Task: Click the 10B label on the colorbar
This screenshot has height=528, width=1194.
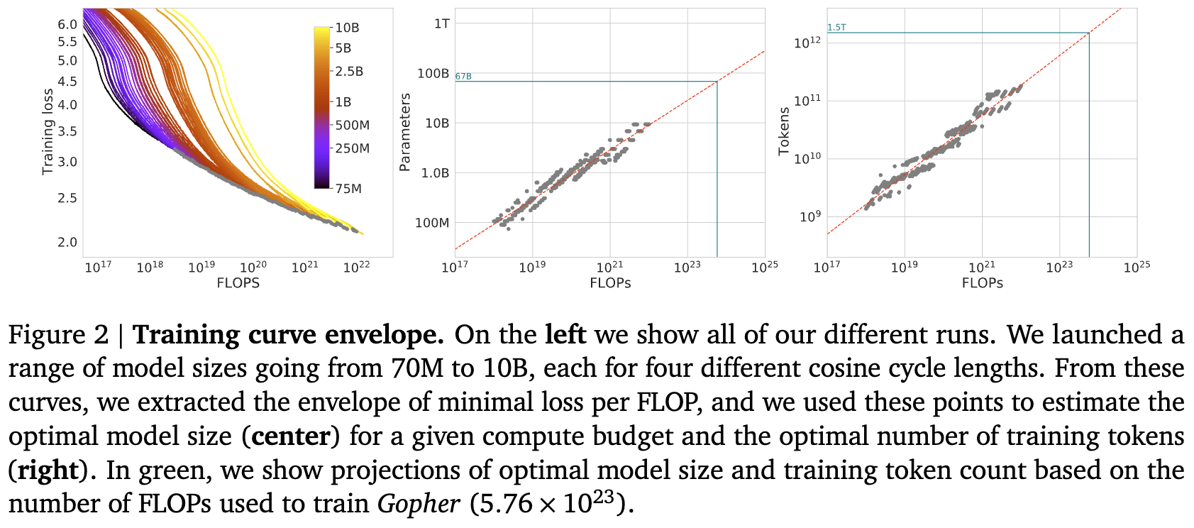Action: click(x=347, y=28)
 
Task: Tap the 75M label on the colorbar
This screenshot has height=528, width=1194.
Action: click(x=348, y=188)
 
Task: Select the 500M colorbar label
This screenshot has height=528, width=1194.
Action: click(x=352, y=125)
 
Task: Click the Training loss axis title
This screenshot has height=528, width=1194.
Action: click(x=48, y=132)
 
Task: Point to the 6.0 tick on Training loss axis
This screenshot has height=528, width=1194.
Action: click(x=67, y=24)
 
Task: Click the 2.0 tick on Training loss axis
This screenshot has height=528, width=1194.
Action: click(x=67, y=242)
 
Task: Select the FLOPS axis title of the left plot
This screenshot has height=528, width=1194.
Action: click(x=238, y=283)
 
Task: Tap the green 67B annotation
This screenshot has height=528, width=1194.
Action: click(x=463, y=76)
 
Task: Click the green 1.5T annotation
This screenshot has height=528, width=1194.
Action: click(x=836, y=28)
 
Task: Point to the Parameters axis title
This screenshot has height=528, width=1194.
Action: click(x=405, y=132)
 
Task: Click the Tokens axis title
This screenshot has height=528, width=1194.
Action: click(x=783, y=131)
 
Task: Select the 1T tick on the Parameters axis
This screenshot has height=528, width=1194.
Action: click(x=441, y=23)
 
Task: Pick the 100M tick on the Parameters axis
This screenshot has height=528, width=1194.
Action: click(x=432, y=223)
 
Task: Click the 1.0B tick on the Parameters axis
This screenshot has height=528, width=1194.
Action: click(x=435, y=173)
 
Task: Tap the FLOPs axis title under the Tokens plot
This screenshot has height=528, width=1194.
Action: click(x=982, y=283)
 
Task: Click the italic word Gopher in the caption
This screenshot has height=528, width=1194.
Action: click(x=419, y=504)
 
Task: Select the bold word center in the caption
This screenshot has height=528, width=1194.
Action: click(x=290, y=436)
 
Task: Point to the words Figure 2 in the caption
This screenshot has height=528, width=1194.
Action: click(x=58, y=335)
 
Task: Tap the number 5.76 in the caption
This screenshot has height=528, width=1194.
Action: click(x=506, y=504)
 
